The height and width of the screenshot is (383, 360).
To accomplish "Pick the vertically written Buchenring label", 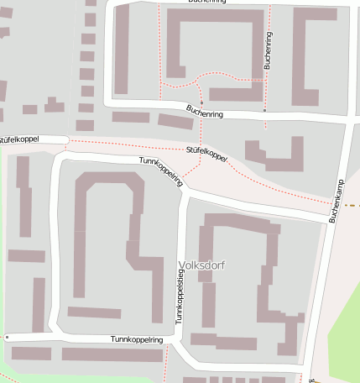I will pyautogui.click(x=268, y=50).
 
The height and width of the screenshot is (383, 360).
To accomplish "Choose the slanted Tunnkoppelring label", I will pyautogui.click(x=160, y=169).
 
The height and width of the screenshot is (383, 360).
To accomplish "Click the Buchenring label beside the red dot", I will pyautogui.click(x=206, y=110).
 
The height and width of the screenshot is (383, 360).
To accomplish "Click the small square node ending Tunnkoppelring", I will pyautogui.click(x=7, y=337).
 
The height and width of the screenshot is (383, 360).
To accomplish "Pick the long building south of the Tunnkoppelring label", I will pyautogui.click(x=112, y=354).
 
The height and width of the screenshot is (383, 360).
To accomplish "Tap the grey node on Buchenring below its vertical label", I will pyautogui.click(x=265, y=110).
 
